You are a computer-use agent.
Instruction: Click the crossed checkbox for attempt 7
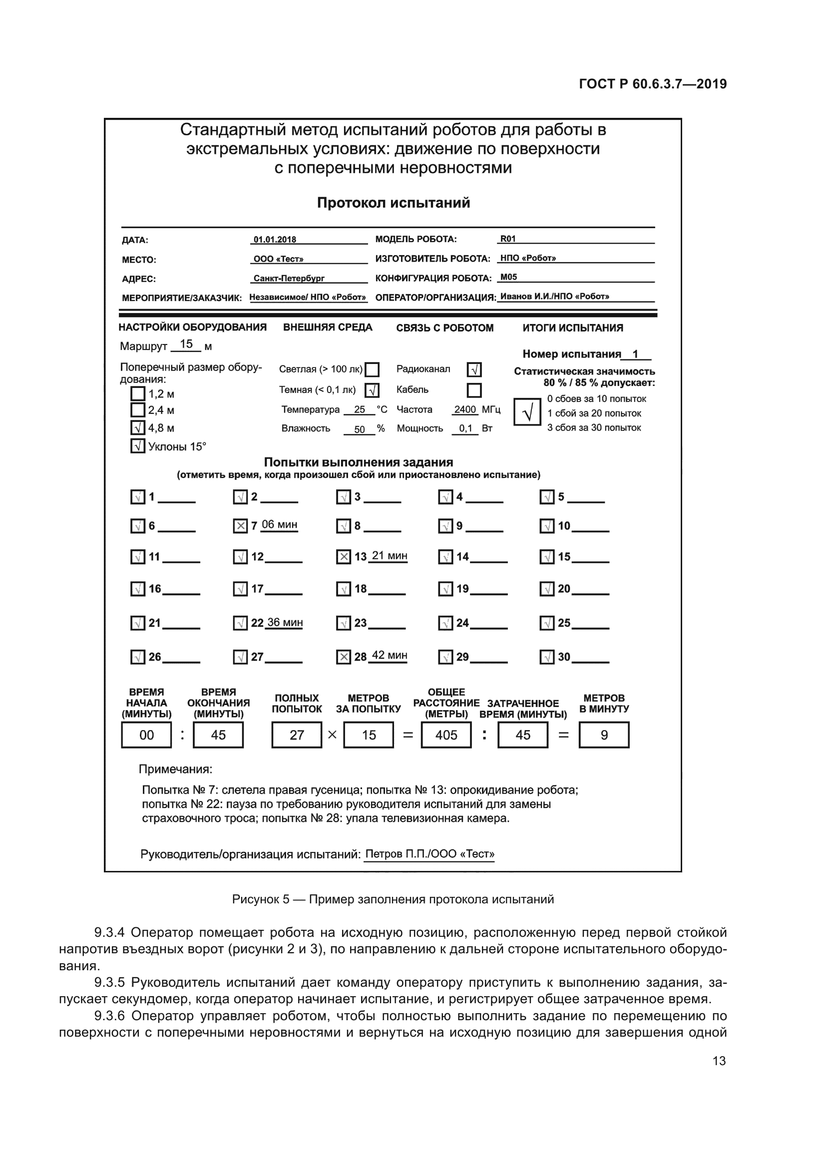(x=240, y=525)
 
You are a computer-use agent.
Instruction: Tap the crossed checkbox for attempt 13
(x=344, y=557)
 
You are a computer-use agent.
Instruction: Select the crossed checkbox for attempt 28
(x=344, y=657)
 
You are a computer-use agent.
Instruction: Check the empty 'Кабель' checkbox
(x=474, y=390)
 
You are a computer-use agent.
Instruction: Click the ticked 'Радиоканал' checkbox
(x=474, y=370)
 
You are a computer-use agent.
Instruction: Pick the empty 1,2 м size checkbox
(x=138, y=393)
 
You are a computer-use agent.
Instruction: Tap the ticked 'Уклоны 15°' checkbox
(x=138, y=446)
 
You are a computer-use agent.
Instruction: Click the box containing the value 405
(x=446, y=735)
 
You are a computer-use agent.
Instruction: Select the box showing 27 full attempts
(x=297, y=735)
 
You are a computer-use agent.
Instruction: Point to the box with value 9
(x=604, y=735)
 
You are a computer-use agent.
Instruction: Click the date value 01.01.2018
(x=275, y=240)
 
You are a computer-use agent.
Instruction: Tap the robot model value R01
(x=508, y=239)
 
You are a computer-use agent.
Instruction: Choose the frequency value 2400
(x=465, y=409)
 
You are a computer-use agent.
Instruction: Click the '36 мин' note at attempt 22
(x=285, y=623)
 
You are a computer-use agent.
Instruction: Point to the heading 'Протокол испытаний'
(x=393, y=203)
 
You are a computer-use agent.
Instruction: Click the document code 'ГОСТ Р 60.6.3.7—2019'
(x=653, y=84)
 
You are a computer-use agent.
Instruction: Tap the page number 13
(x=719, y=1061)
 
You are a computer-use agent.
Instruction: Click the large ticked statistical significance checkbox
(x=527, y=412)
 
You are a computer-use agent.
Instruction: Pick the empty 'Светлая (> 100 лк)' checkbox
(x=373, y=370)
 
